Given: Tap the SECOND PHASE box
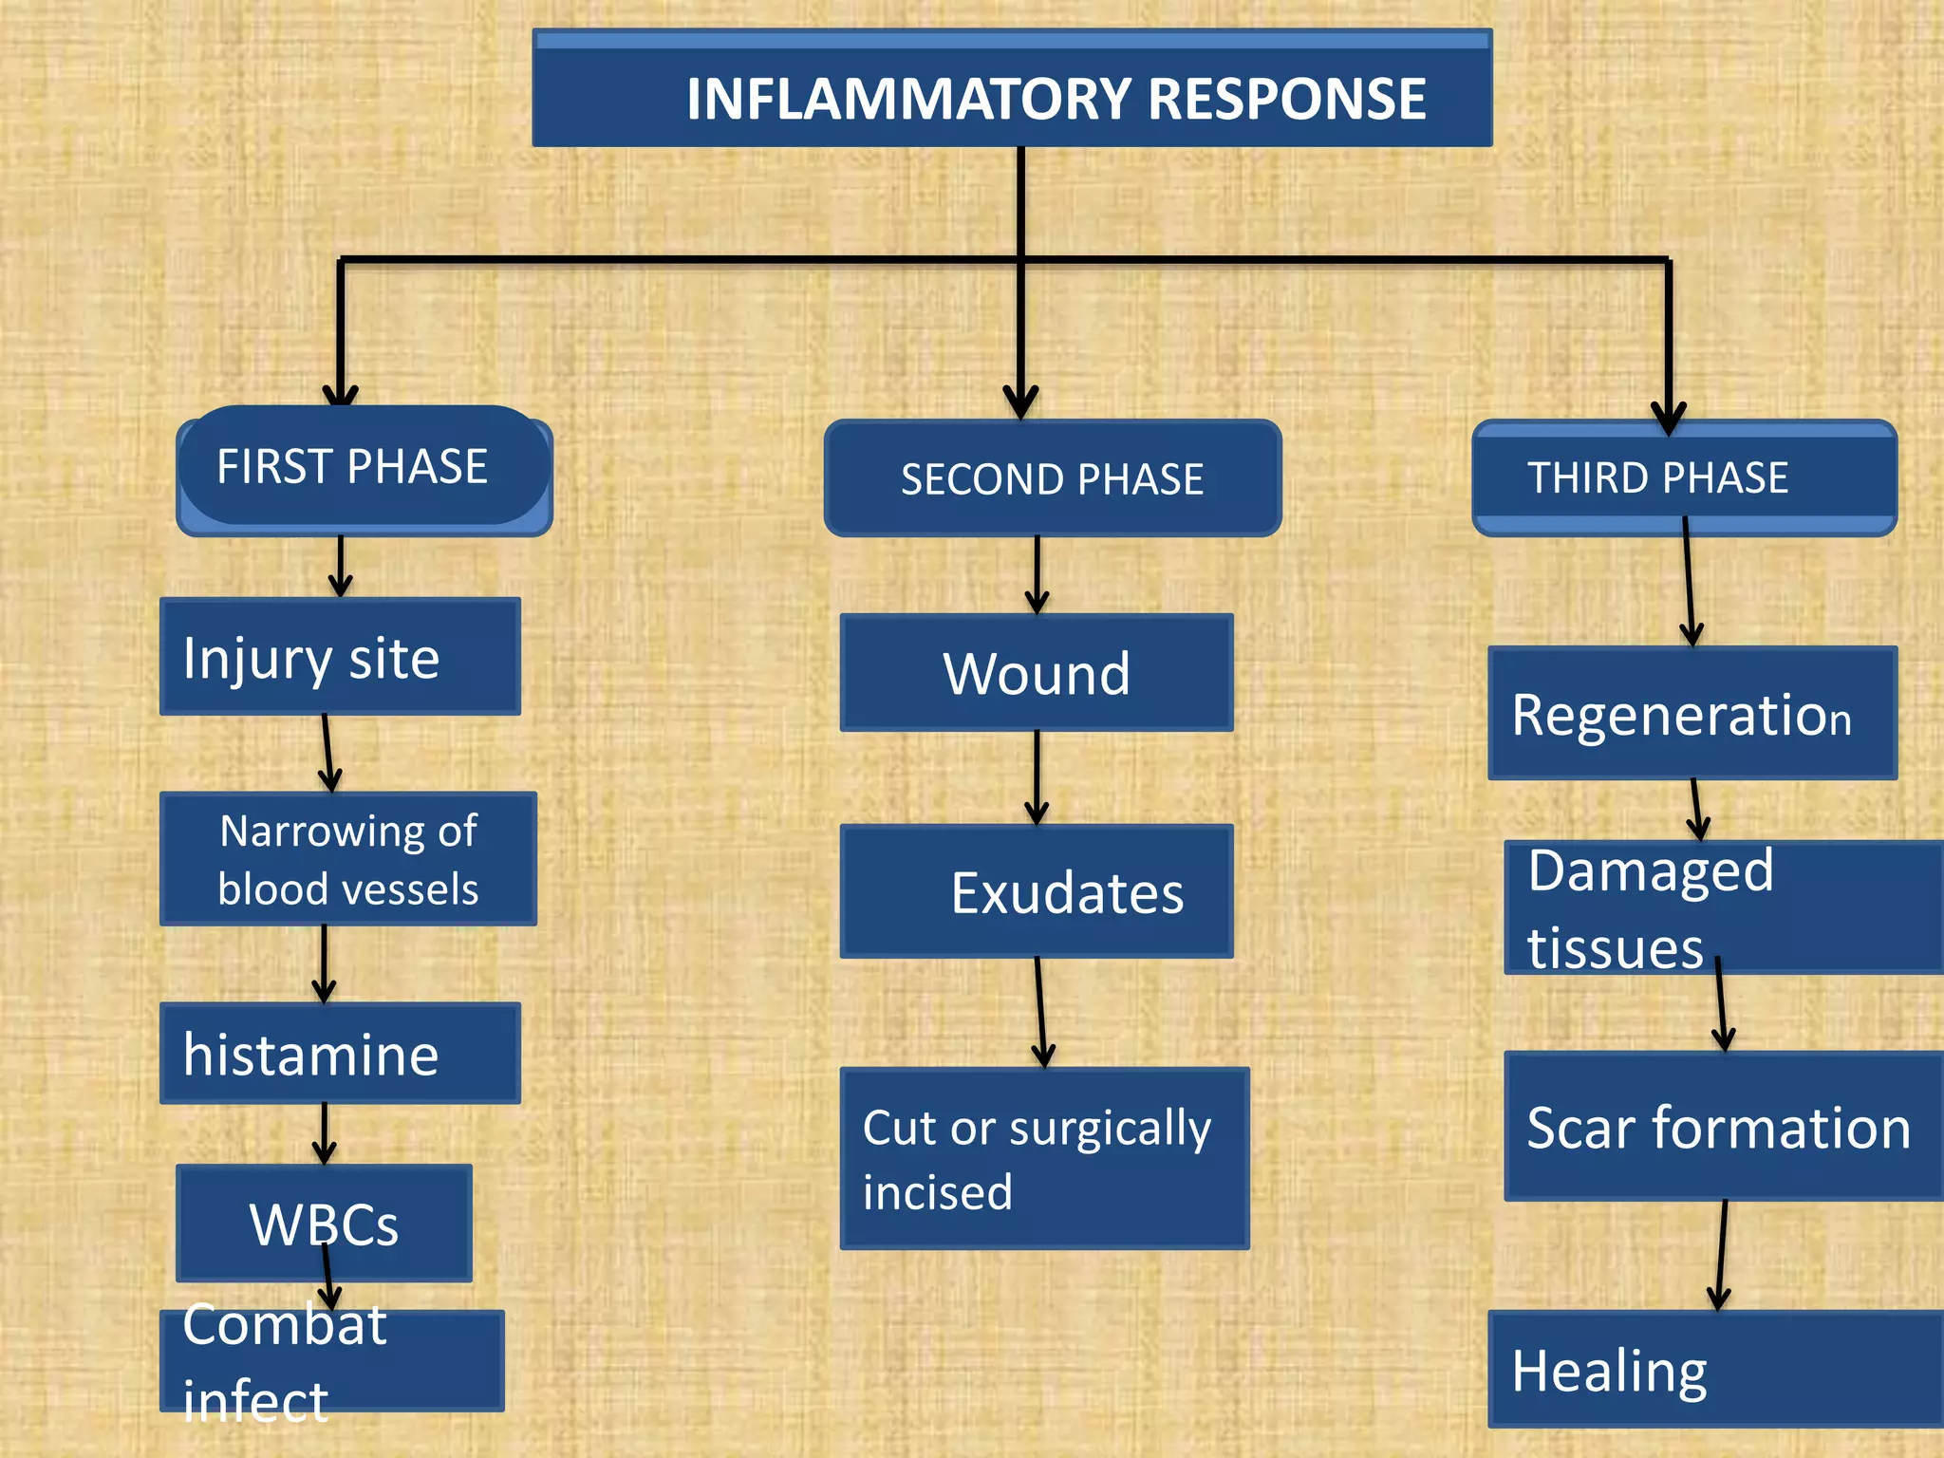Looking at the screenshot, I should (x=1052, y=478).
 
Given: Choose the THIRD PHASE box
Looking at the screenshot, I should (x=1683, y=478).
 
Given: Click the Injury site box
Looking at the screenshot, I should (x=339, y=657).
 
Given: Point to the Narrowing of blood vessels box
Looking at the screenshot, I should (x=347, y=859).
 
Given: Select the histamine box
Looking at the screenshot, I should (x=339, y=1054).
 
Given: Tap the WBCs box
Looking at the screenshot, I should (x=323, y=1223).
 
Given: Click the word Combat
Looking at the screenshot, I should (x=284, y=1325).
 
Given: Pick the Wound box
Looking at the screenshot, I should (x=1036, y=673).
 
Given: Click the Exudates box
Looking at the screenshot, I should (x=1036, y=891).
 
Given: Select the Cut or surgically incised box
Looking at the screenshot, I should (x=1043, y=1158).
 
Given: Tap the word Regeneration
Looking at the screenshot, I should (x=1680, y=715).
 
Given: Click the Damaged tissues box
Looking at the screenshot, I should (x=1723, y=907).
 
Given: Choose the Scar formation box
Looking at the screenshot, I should (x=1723, y=1127).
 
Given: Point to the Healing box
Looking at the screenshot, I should (x=1714, y=1370).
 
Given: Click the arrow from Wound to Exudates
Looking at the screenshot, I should (x=1037, y=776).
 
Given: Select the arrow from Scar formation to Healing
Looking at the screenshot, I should (x=1722, y=1255).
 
